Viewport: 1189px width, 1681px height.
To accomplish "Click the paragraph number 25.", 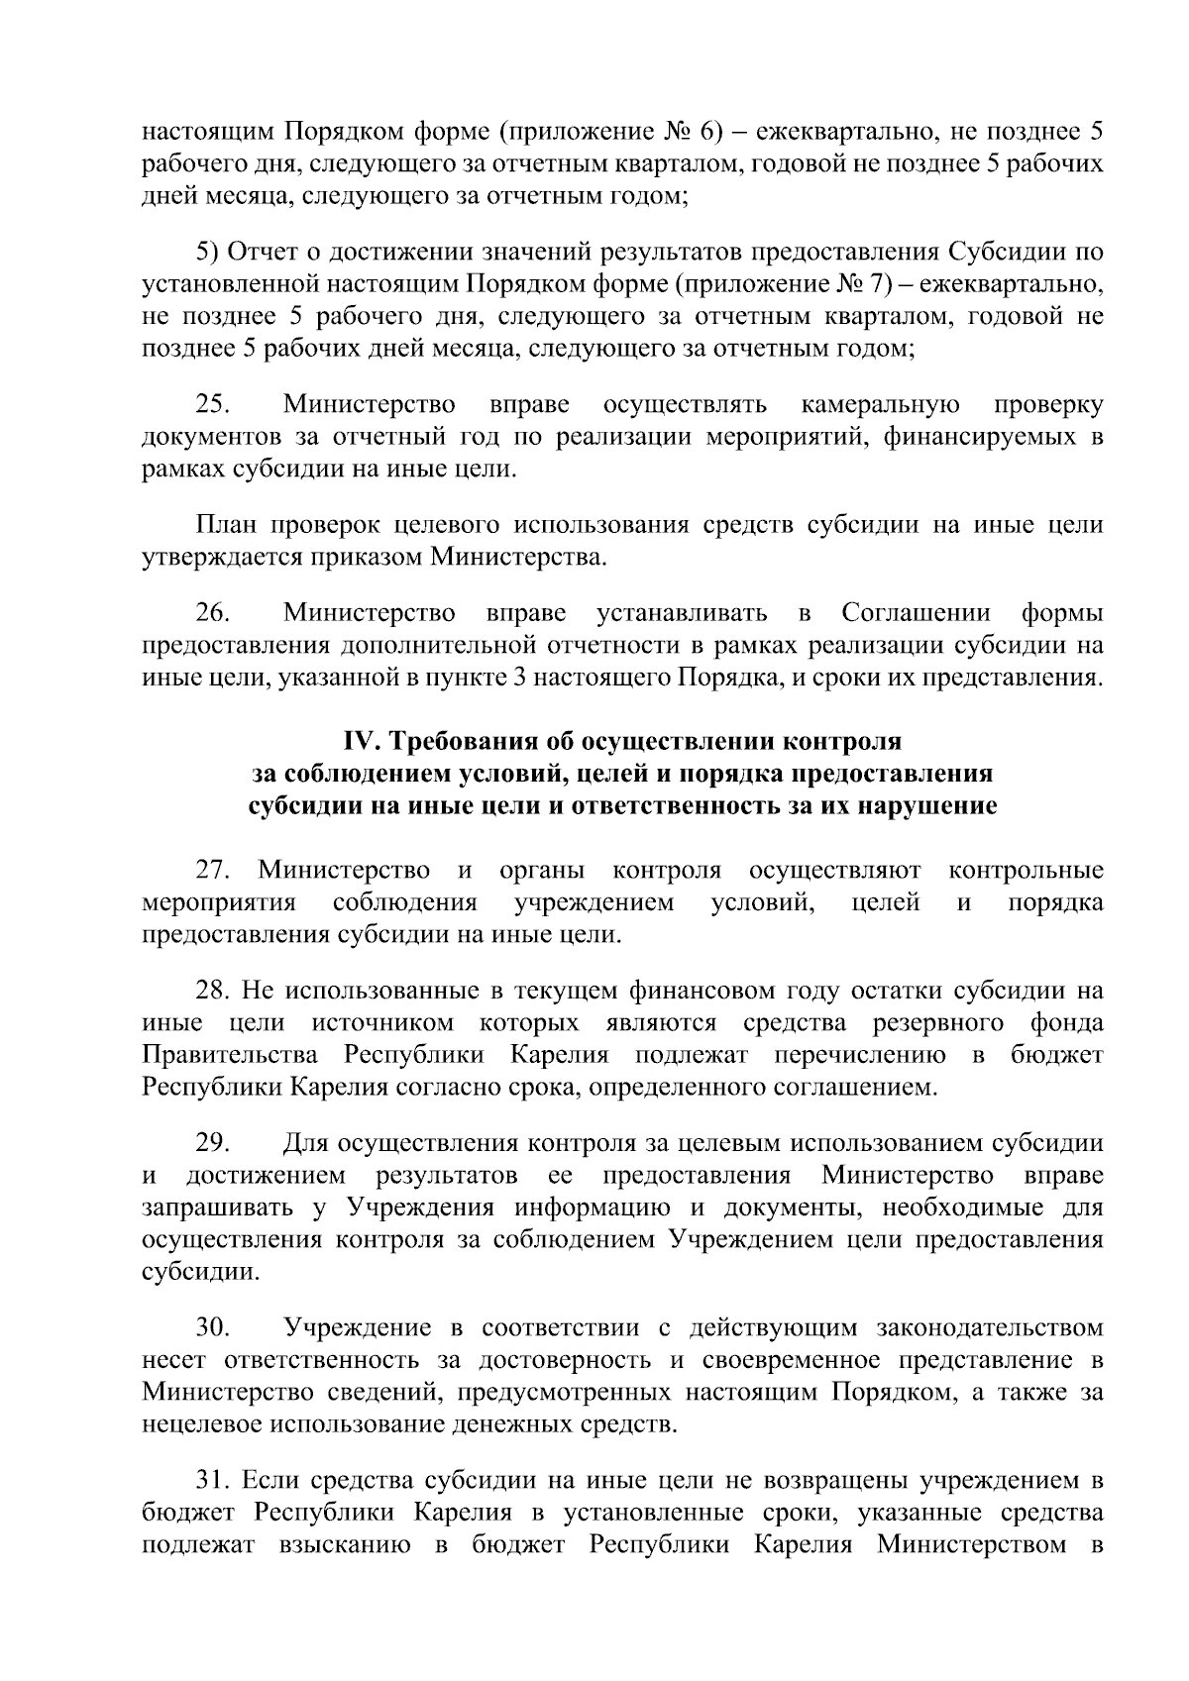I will (213, 405).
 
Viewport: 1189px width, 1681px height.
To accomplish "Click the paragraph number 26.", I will (213, 614).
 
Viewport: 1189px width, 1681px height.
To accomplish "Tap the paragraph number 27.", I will (213, 871).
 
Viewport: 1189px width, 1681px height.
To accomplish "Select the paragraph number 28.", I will (213, 991).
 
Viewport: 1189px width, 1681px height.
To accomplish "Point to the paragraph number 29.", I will (213, 1143).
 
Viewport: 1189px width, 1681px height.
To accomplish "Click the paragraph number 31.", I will (213, 1481).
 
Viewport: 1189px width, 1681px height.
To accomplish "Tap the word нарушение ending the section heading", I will (923, 805).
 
